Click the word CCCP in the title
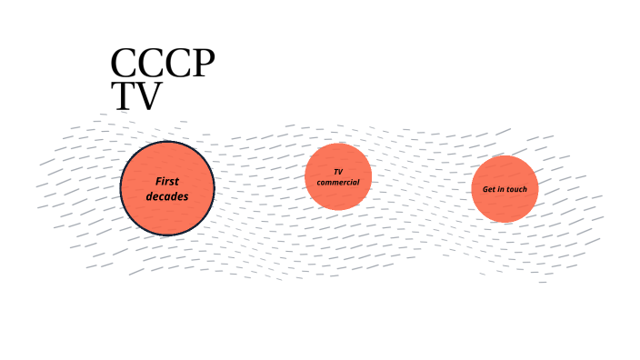point(162,65)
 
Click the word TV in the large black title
point(135,97)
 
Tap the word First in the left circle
point(167,181)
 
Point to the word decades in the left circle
point(167,195)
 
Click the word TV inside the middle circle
point(338,172)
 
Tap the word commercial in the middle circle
point(338,183)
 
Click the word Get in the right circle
point(489,189)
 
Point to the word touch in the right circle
point(516,189)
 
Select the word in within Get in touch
point(501,189)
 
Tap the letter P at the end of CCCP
point(204,65)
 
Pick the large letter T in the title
point(123,97)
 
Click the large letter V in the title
point(147,97)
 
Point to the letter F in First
point(158,181)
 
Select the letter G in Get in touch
point(485,189)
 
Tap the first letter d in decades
point(150,195)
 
